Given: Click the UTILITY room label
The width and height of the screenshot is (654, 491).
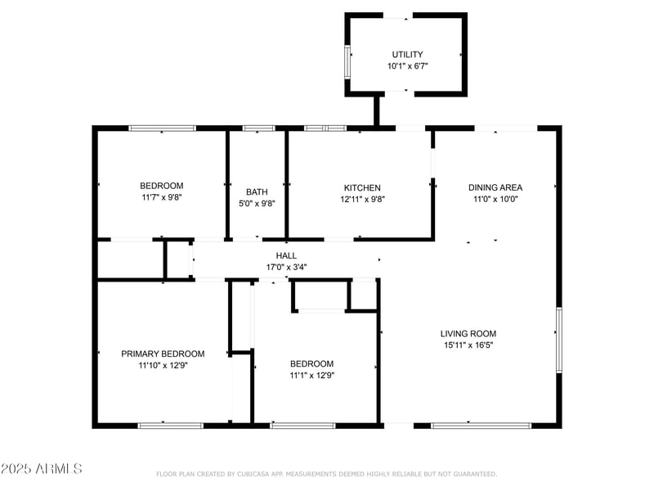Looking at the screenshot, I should (x=406, y=54).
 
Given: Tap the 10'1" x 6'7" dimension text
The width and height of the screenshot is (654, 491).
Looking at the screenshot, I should (x=406, y=65).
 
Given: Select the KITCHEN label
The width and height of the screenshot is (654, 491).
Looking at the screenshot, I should (x=361, y=187).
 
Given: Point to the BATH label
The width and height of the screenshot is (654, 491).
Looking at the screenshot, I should (x=257, y=191).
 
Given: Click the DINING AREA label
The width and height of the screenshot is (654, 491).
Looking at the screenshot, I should (x=495, y=187).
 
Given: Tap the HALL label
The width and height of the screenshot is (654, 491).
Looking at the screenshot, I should (x=286, y=255).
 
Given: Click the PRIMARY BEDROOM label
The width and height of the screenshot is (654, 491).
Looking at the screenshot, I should (x=163, y=354).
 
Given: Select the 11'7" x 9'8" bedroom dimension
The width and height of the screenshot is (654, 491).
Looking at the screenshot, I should (x=161, y=197).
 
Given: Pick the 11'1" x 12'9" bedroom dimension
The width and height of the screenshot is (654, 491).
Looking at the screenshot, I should (x=311, y=376).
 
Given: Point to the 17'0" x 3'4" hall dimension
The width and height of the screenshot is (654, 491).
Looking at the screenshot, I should (x=286, y=267).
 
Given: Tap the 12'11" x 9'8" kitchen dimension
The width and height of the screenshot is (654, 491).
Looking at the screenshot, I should (x=361, y=199).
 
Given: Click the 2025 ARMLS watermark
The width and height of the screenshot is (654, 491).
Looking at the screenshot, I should (x=41, y=469).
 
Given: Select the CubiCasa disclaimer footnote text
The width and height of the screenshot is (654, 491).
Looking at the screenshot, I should (x=326, y=474).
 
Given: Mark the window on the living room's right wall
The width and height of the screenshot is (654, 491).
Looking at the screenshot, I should (x=559, y=333).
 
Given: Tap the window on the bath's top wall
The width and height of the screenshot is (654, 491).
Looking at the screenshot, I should (x=259, y=128).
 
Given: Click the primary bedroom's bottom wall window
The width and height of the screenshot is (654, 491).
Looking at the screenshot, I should (x=170, y=426).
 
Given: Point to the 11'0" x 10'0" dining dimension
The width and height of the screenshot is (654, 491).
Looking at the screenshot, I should (x=495, y=199).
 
